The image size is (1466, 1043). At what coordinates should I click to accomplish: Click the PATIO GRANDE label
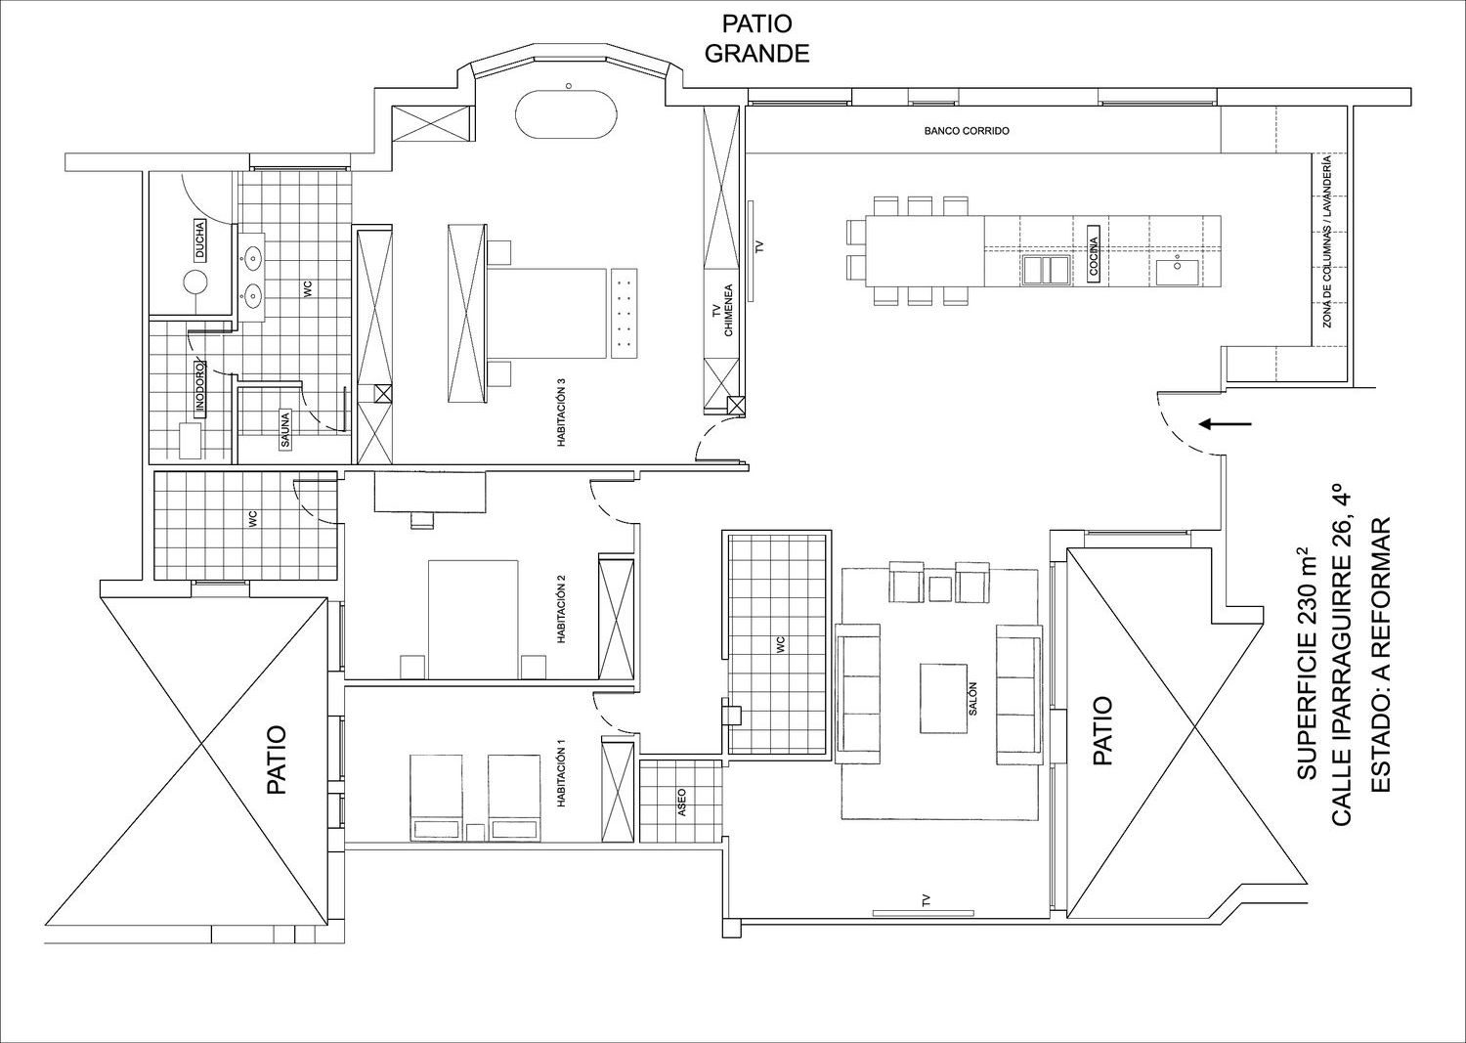(x=757, y=39)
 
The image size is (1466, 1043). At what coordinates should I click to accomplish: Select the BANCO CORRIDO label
(x=967, y=131)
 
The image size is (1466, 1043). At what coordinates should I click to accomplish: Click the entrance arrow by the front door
(x=1226, y=424)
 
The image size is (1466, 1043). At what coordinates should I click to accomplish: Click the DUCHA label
(x=200, y=239)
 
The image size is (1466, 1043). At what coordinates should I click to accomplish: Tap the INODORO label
(x=200, y=388)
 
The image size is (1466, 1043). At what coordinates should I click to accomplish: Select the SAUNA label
(x=284, y=429)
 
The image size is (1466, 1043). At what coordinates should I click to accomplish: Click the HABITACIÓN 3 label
(x=561, y=413)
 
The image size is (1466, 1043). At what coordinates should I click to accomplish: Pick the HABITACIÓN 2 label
(x=561, y=610)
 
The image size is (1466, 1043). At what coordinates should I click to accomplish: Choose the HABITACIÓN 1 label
(x=561, y=773)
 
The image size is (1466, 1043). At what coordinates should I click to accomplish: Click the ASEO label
(x=682, y=803)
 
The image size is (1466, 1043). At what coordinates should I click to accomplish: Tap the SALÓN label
(x=972, y=698)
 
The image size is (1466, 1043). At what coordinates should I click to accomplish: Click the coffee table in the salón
(x=944, y=699)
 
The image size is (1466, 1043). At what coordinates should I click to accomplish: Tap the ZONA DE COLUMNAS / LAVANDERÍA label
(x=1326, y=240)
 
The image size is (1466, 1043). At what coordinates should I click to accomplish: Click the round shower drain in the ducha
(x=195, y=282)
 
